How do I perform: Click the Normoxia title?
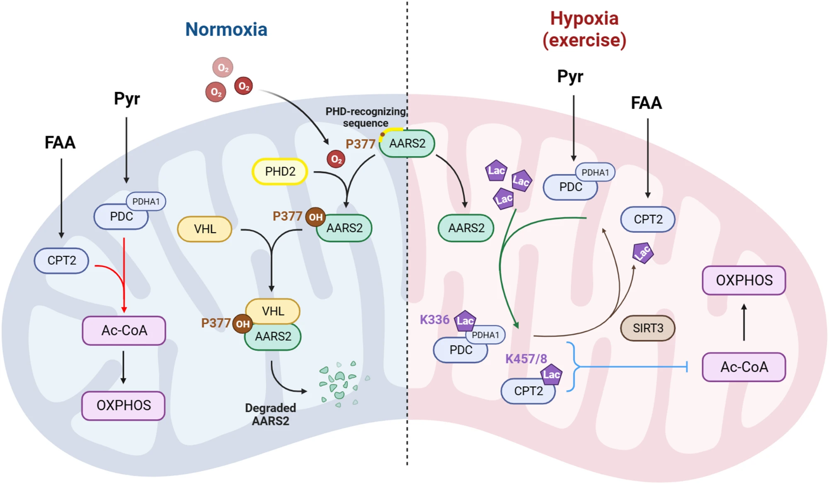(226, 29)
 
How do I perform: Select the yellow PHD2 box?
(280, 171)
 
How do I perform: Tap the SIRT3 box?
(647, 328)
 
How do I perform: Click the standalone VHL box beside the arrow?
(205, 229)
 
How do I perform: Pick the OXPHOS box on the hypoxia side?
(744, 280)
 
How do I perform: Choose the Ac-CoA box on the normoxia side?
(124, 331)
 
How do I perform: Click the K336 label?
(434, 320)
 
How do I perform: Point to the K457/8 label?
(526, 359)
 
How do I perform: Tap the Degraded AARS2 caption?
(270, 414)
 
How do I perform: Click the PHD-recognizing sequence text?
(365, 117)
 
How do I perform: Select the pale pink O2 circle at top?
(223, 67)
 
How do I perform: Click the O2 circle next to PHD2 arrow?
(336, 159)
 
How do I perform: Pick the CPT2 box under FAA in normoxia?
(61, 260)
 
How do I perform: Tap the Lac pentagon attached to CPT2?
(551, 375)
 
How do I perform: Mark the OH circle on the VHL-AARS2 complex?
(243, 324)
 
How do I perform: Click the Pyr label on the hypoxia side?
(570, 77)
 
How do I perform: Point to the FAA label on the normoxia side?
(60, 143)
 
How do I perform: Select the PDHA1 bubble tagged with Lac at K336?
(485, 335)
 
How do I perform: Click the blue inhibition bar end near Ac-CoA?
(687, 367)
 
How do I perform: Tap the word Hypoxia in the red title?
(584, 19)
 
